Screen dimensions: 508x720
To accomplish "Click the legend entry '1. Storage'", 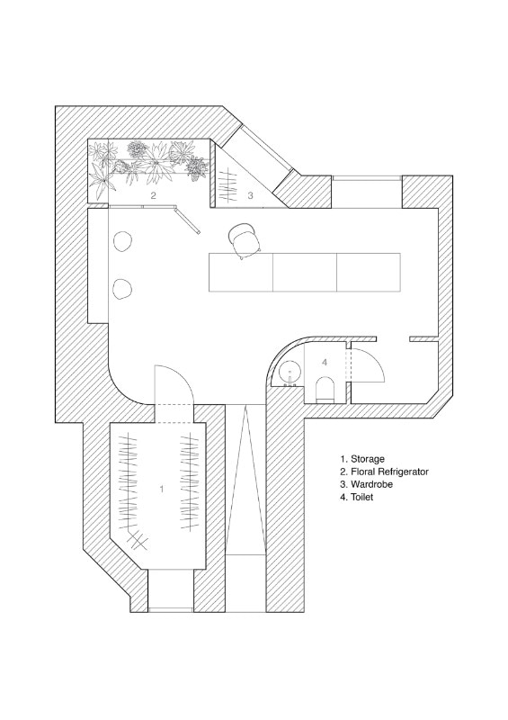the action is pos(362,459).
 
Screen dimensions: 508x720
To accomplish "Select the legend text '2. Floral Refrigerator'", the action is pos(384,472).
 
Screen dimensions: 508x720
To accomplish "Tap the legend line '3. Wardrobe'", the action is pos(366,484).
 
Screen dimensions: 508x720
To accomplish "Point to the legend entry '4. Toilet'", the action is pos(357,497).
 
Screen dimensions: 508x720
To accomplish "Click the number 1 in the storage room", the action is pos(162,489).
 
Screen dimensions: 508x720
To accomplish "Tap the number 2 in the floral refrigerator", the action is pos(153,195).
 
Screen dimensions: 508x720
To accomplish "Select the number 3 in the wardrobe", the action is pos(250,195).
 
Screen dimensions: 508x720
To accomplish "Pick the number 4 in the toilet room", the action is pos(325,363).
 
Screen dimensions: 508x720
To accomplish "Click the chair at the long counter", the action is pos(245,240).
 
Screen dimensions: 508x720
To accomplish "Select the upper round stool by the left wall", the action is pos(122,241).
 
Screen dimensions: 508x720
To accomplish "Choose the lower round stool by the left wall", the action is pos(122,289).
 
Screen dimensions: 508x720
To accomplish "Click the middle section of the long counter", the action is pos(305,272).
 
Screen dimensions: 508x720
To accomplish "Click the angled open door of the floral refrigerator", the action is pos(186,220).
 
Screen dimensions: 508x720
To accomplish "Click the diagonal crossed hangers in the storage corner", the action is pos(137,541).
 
